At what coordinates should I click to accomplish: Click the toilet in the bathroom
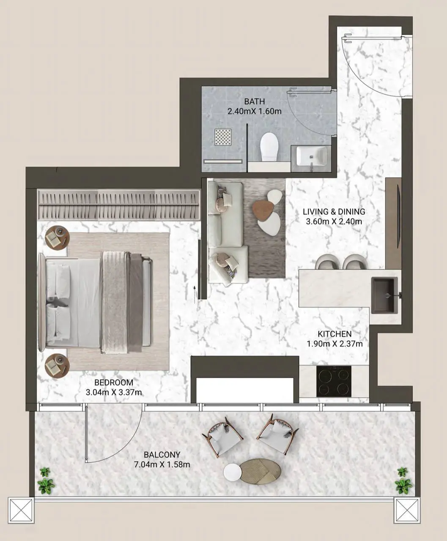click(x=269, y=147)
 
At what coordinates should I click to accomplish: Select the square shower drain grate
click(x=223, y=137)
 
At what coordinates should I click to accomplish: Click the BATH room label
click(x=254, y=101)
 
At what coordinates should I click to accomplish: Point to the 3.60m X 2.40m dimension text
click(x=334, y=221)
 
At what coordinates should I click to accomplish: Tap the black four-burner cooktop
click(x=334, y=381)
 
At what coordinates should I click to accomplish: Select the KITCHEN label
click(x=335, y=334)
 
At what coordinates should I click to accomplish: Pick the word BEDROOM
click(x=114, y=383)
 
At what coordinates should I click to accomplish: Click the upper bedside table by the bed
click(x=58, y=238)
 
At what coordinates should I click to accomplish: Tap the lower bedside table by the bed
click(x=57, y=366)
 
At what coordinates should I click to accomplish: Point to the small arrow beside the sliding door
click(x=195, y=294)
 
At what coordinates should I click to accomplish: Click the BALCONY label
click(x=162, y=455)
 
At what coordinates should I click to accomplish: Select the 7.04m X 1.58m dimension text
click(x=162, y=464)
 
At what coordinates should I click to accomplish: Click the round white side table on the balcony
click(x=233, y=472)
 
